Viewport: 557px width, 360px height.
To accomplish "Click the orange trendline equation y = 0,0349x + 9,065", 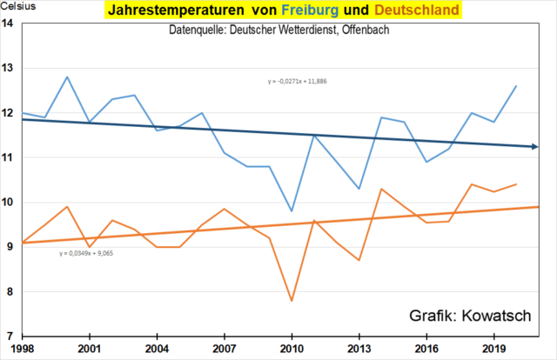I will [87, 254].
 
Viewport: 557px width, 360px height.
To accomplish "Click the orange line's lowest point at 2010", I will [292, 301].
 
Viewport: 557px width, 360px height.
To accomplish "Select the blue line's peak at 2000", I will [67, 77].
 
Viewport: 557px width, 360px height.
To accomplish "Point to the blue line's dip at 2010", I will [292, 210].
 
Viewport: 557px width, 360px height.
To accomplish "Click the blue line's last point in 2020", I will [517, 86].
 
